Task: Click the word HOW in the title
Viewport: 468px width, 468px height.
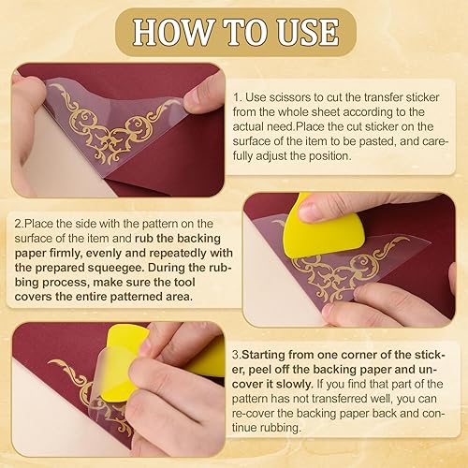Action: point(172,32)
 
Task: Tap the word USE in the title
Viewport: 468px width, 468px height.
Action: point(308,32)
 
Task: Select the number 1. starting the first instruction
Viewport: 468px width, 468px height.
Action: point(238,97)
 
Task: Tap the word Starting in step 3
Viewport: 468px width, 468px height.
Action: point(263,356)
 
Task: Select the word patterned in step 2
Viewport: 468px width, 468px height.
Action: point(136,297)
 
